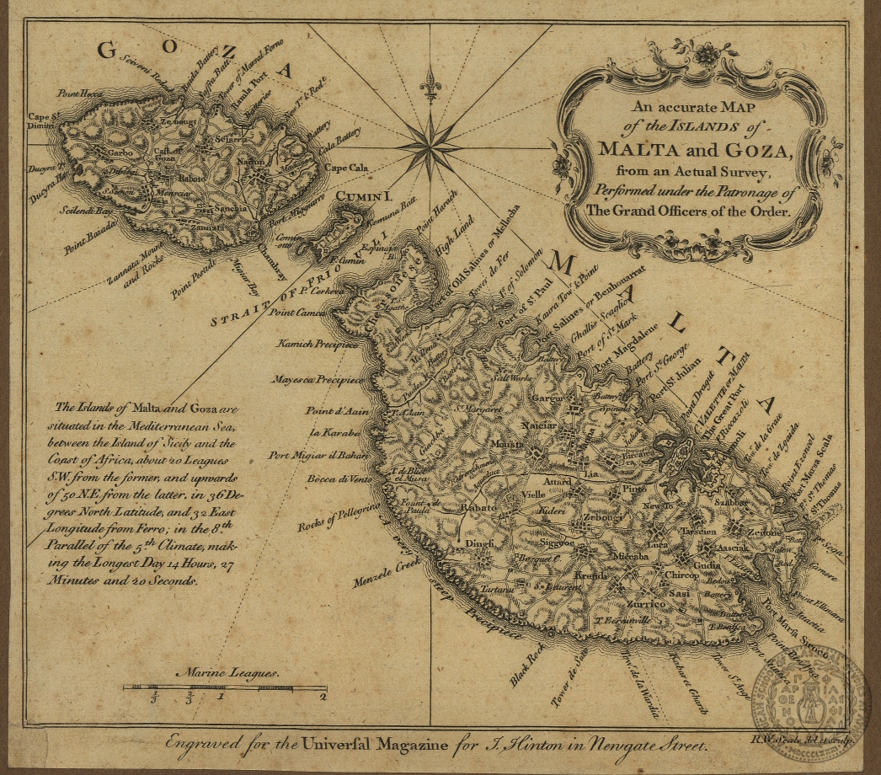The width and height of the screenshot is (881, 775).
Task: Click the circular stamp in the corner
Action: pyautogui.click(x=812, y=687)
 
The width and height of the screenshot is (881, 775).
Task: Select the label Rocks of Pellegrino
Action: pyautogui.click(x=334, y=514)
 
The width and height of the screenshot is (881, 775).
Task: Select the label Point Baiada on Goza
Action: pyautogui.click(x=89, y=241)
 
